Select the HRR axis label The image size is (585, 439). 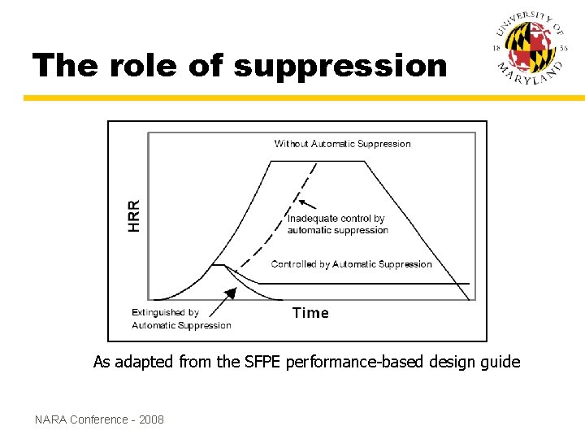pyautogui.click(x=134, y=215)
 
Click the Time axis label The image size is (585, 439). pyautogui.click(x=310, y=313)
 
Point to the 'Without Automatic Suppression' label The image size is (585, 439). pyautogui.click(x=342, y=144)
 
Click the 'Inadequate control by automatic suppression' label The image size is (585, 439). pyautogui.click(x=337, y=224)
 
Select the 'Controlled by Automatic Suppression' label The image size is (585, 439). pyautogui.click(x=351, y=264)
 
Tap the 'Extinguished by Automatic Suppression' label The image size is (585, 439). pyautogui.click(x=180, y=319)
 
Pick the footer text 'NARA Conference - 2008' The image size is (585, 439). pyautogui.click(x=99, y=419)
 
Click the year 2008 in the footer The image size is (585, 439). pyautogui.click(x=151, y=419)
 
